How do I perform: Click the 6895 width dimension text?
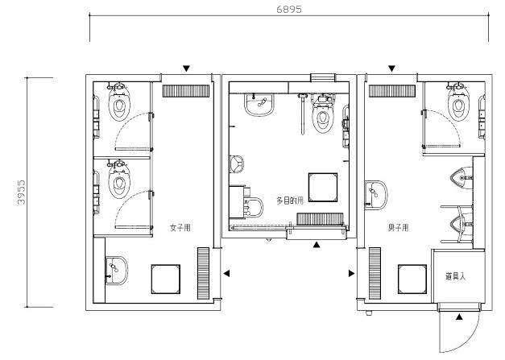289,10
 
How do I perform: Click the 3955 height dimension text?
21,192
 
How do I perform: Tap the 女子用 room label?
180,228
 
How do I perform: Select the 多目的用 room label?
290,201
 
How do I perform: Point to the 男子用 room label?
399,228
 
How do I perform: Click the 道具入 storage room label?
456,276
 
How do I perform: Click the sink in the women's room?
116,271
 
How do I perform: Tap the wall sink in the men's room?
376,195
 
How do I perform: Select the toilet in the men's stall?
457,101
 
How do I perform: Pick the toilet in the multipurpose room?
322,114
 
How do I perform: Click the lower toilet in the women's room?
119,180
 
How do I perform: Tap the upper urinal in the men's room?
461,178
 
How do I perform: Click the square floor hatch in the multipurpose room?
323,188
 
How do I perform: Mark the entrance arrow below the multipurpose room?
317,245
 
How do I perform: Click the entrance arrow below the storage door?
459,317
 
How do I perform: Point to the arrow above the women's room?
186,68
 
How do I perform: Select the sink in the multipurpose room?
259,105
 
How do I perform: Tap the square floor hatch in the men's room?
412,279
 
